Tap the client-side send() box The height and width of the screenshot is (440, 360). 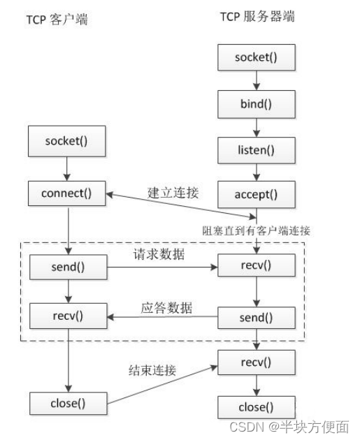click(x=67, y=267)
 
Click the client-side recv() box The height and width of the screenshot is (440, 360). click(x=67, y=315)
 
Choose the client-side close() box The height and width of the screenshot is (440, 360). click(x=67, y=403)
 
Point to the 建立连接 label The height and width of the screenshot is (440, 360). click(x=173, y=193)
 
